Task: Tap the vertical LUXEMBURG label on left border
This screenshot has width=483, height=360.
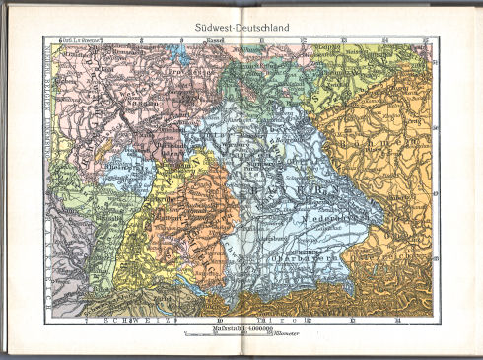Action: [51, 108]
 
